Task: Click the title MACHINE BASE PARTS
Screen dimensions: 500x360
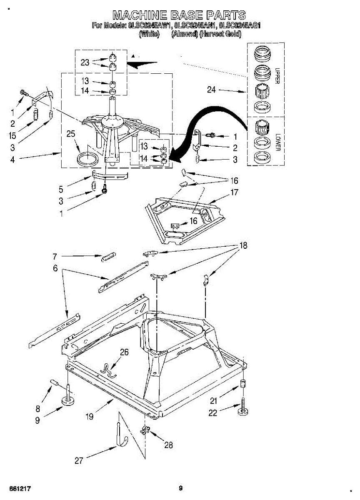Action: tap(179, 15)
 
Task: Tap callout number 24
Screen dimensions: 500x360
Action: tap(212, 90)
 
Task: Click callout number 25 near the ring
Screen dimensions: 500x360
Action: tap(71, 134)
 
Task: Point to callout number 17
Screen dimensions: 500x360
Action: tap(234, 193)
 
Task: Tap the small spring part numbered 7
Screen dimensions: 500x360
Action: tap(109, 257)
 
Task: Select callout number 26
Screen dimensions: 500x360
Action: tap(124, 352)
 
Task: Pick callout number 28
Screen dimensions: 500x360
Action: tap(168, 445)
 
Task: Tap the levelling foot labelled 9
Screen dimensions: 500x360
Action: tap(68, 400)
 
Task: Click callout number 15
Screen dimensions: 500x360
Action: tap(12, 135)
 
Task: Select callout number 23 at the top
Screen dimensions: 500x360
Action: tap(85, 62)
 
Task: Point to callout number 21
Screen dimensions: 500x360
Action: tap(213, 401)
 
